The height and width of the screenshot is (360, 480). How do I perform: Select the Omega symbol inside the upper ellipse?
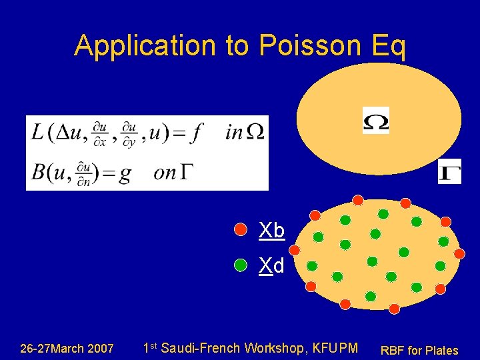[375, 121]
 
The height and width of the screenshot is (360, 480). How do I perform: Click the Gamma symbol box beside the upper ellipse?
[449, 171]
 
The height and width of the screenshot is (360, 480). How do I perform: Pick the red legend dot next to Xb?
[241, 231]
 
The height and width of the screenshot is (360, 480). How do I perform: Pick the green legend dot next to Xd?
[241, 266]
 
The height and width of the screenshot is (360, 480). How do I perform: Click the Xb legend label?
[272, 231]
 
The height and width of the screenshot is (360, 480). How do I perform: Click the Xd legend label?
[271, 267]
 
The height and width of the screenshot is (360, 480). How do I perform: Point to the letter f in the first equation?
[195, 133]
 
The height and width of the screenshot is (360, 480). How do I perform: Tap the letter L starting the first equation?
[38, 132]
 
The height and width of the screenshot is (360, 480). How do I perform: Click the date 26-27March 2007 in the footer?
[67, 349]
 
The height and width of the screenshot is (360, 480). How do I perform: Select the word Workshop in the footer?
[273, 348]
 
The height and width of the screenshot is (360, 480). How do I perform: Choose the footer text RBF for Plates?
[419, 350]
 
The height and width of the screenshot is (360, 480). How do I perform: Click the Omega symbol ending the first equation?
[255, 133]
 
